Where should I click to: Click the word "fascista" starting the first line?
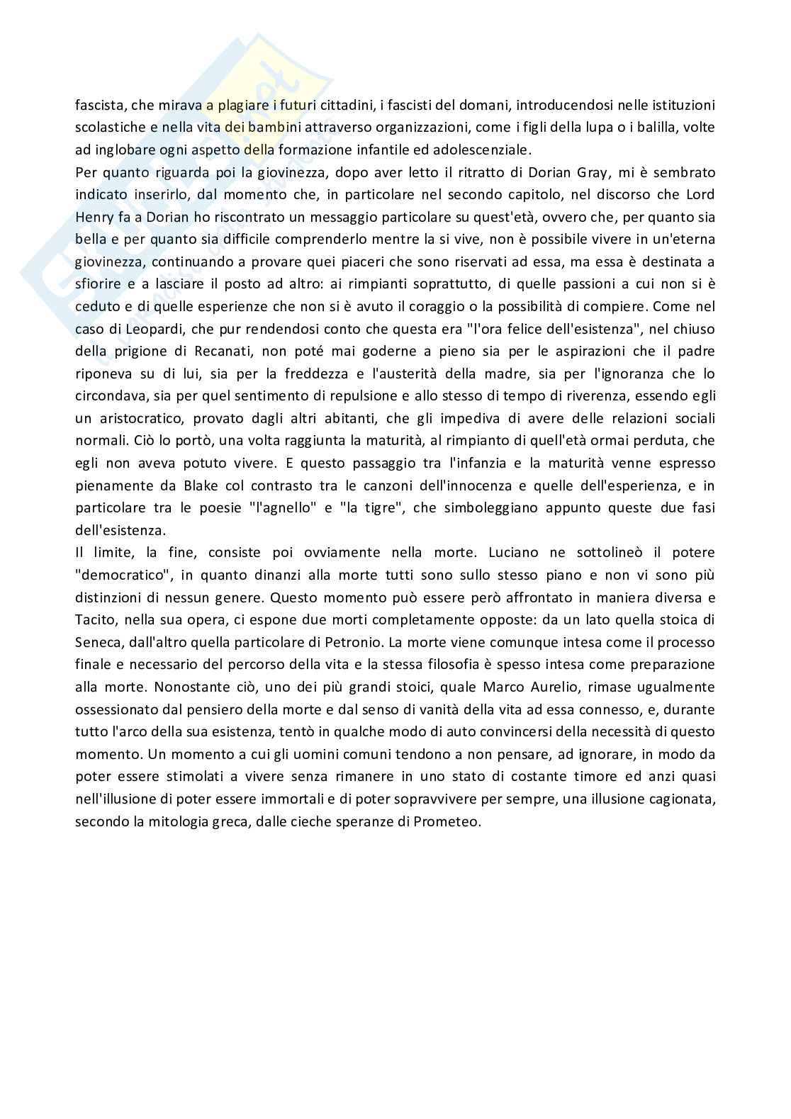99,106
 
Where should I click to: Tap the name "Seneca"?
99,642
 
